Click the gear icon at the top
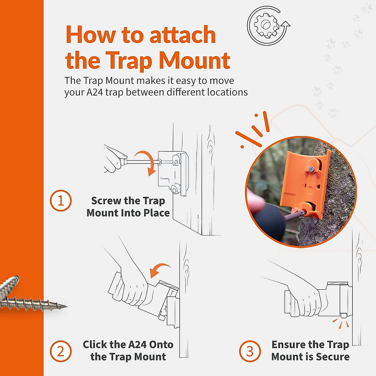click(x=266, y=25)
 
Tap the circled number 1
click(x=61, y=201)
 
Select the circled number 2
click(x=61, y=351)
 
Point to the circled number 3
click(x=250, y=351)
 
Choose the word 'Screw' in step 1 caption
click(x=106, y=201)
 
